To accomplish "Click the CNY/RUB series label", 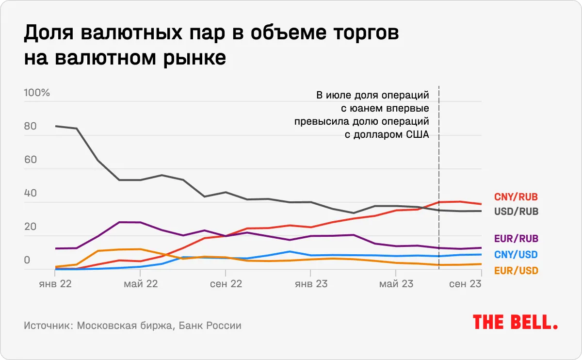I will [x=516, y=197].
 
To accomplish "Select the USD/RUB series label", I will [x=516, y=212].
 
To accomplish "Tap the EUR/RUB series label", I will [x=516, y=239].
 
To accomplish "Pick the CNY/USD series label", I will [x=516, y=255].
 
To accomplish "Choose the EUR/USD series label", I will [x=516, y=271].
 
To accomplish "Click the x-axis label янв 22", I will [x=55, y=284].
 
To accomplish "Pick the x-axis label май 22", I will [x=141, y=284].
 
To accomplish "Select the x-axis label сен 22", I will [x=226, y=284].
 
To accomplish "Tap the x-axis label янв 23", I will [x=310, y=284].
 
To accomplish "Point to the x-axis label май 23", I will [x=396, y=284].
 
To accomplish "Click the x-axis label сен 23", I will [x=465, y=284].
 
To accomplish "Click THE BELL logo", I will [x=515, y=322].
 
